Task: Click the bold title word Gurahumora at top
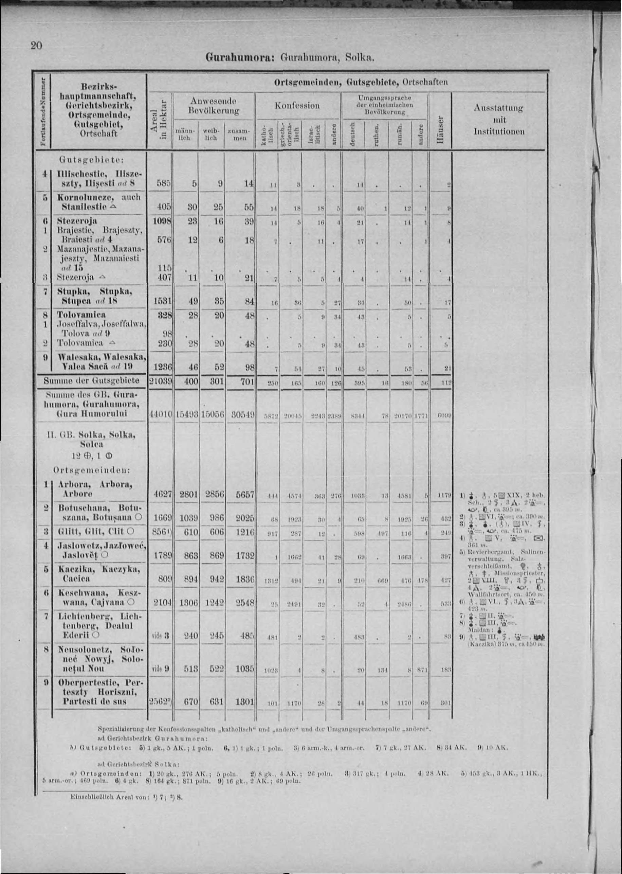click(x=227, y=58)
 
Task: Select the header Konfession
click(x=297, y=105)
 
